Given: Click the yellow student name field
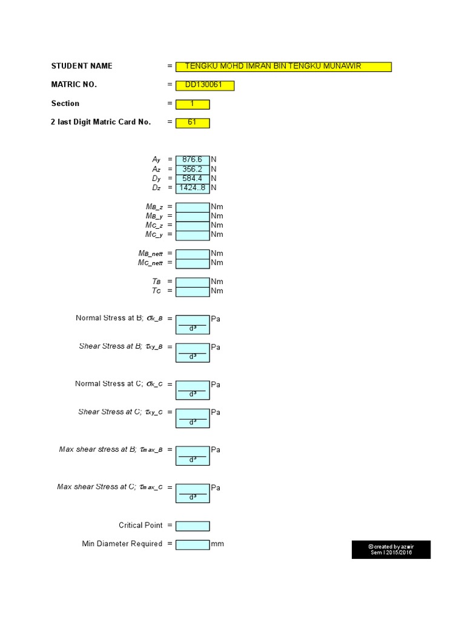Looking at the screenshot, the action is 283,67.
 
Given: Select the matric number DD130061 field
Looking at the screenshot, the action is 205,85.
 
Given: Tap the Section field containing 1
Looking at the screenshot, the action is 193,104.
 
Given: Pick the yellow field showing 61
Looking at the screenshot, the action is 193,123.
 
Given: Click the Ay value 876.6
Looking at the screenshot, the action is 193,160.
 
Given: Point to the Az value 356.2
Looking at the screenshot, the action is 193,170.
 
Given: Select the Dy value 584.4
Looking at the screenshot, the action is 193,179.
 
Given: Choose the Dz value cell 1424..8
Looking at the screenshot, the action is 193,188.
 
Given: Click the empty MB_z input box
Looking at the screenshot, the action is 193,207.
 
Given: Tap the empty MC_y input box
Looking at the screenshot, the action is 193,234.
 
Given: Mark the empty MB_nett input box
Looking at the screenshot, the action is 193,253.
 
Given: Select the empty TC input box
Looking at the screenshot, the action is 193,291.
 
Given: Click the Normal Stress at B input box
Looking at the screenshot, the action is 193,324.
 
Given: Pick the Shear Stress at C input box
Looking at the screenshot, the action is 193,418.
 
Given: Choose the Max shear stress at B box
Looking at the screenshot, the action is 193,455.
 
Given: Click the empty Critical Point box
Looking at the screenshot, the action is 193,526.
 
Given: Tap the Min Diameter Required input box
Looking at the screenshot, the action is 193,544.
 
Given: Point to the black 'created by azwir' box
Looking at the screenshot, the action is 391,550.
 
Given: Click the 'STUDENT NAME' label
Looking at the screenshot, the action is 82,66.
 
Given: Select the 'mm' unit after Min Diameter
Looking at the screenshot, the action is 217,544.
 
